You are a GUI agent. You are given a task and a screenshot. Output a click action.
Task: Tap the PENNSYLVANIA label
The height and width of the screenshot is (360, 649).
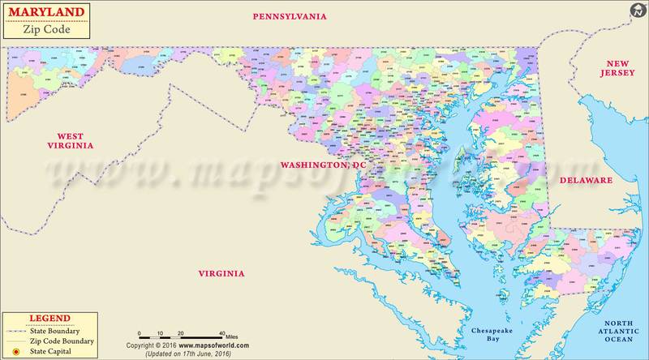pos(290,16)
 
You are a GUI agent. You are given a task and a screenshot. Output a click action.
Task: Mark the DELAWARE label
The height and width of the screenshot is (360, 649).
pos(585,180)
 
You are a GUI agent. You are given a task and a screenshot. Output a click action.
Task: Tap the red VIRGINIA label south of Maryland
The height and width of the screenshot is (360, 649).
pos(221,274)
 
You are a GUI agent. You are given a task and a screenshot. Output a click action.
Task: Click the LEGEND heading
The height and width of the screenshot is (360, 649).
pos(49,319)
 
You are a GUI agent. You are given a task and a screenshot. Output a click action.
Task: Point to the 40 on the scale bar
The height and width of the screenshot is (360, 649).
pos(222,333)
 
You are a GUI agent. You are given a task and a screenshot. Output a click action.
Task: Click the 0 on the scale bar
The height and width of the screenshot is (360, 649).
pos(139,333)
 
